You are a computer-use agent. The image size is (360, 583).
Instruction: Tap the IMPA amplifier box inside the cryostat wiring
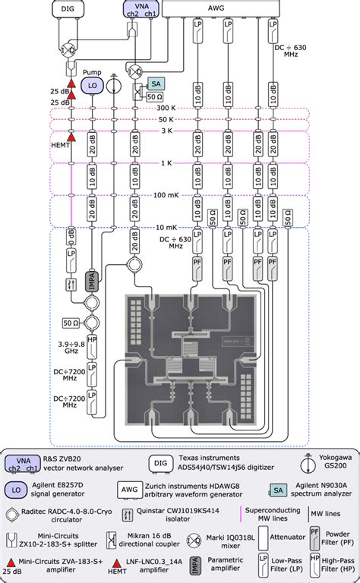tap(91, 277)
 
